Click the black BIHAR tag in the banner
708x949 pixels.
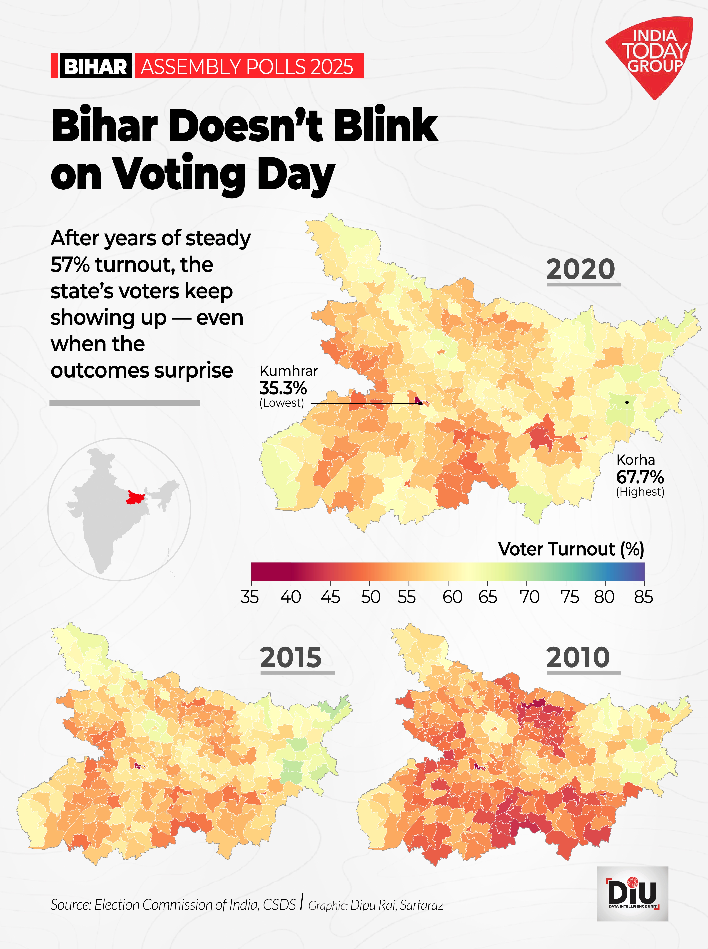click(x=95, y=66)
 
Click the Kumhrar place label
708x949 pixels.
click(x=289, y=371)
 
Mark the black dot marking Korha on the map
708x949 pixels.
click(x=627, y=402)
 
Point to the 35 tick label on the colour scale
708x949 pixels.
click(x=250, y=597)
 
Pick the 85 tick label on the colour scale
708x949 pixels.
click(x=643, y=597)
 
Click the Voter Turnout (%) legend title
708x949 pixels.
click(x=571, y=549)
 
